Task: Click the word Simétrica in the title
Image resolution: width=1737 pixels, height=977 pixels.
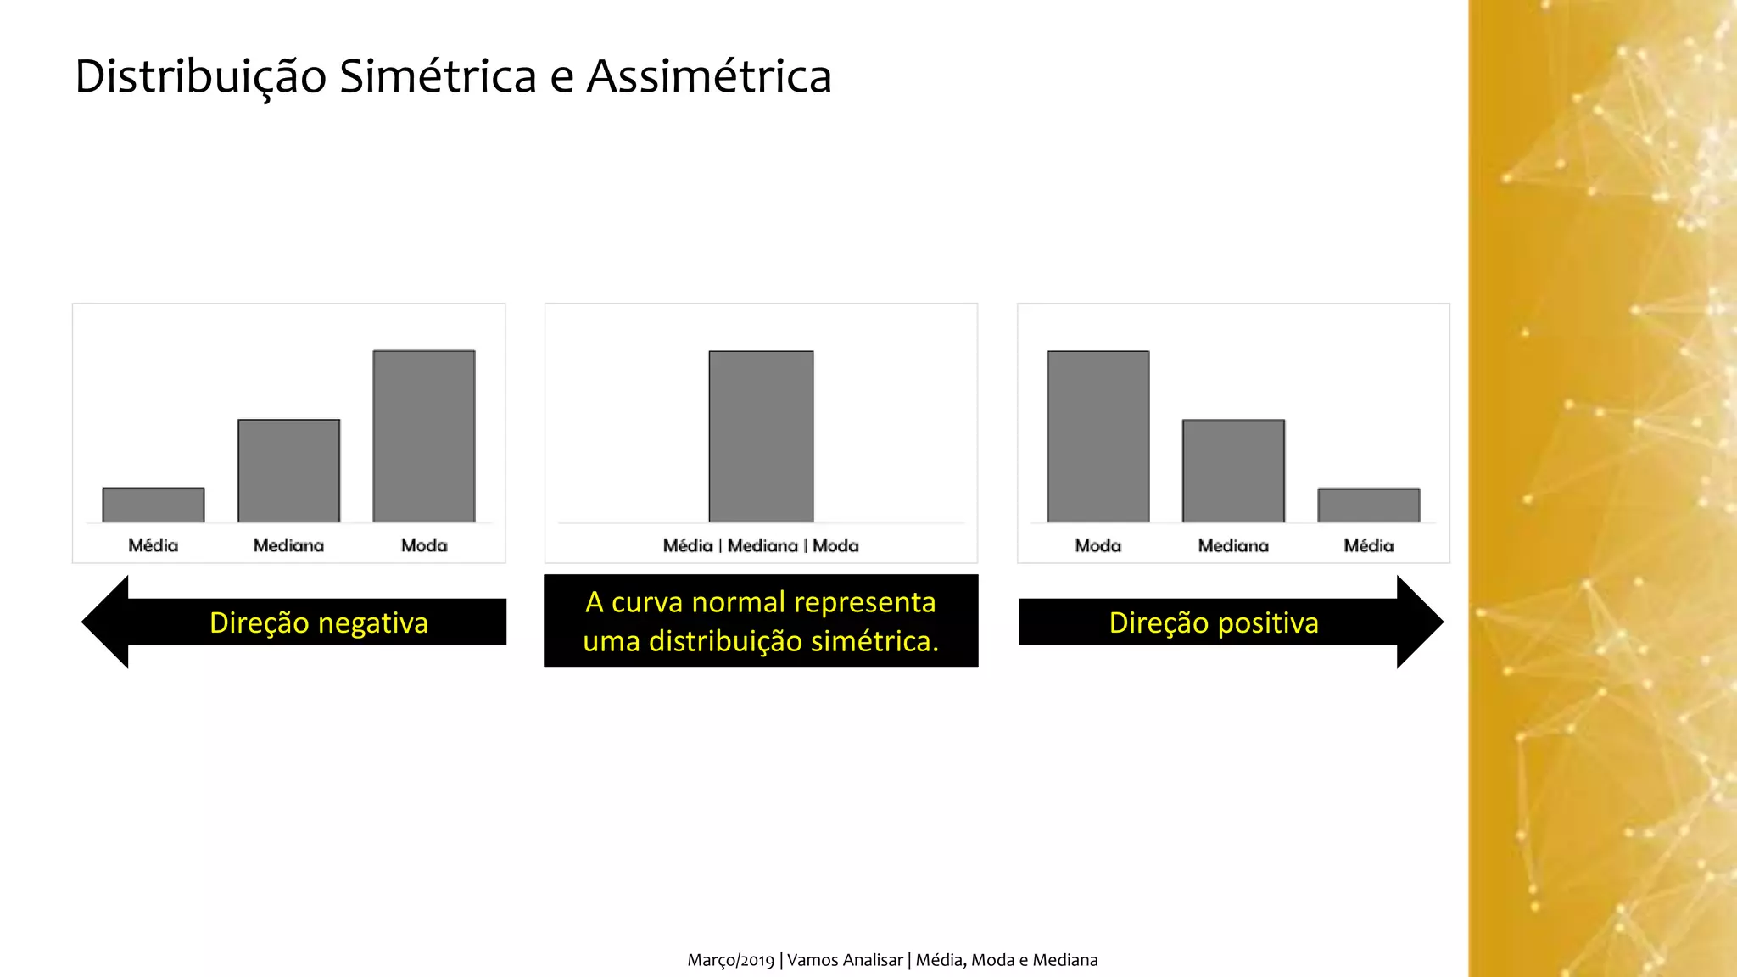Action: (x=438, y=76)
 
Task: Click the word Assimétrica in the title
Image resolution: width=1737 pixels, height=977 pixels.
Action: (x=709, y=76)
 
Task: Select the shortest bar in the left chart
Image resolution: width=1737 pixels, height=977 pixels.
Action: (x=154, y=505)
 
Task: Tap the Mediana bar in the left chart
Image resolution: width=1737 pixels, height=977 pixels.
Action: (x=289, y=471)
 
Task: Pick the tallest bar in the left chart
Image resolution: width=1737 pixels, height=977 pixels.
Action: (x=424, y=436)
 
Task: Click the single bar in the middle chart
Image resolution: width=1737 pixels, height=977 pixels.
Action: (x=761, y=436)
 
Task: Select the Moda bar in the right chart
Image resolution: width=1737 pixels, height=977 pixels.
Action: (x=1097, y=436)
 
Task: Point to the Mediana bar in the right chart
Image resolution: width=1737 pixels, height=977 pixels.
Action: (x=1233, y=471)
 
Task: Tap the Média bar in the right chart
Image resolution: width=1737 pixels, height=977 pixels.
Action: (x=1368, y=505)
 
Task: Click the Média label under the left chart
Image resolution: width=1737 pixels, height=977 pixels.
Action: (x=154, y=545)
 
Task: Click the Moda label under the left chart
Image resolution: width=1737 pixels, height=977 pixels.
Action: (x=424, y=545)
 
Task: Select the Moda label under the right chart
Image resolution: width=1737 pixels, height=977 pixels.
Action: (x=1097, y=545)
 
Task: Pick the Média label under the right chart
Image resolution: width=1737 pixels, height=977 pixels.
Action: (x=1368, y=545)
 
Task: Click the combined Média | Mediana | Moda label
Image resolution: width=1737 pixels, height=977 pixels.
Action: (x=761, y=545)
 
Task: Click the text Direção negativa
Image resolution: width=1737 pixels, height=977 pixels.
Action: (x=319, y=622)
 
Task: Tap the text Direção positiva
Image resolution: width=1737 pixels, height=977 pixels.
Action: (x=1214, y=622)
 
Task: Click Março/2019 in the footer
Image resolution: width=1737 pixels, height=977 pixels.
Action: (x=730, y=960)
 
